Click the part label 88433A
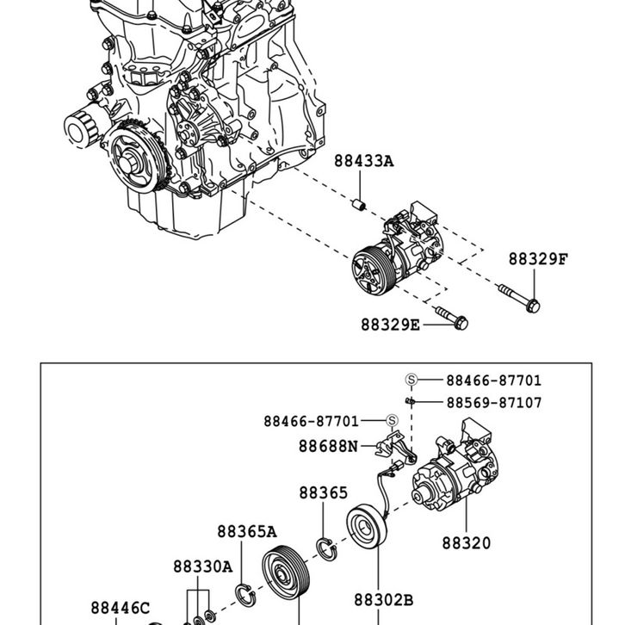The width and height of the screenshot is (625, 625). pos(363,161)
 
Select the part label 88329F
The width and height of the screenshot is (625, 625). pos(538,259)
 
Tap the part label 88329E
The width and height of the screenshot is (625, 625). pos(390,325)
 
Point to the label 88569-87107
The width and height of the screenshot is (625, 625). pos(494,403)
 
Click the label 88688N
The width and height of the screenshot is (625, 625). pos(329,446)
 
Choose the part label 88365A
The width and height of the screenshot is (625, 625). pos(247,531)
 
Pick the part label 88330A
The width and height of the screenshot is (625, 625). pos(202,566)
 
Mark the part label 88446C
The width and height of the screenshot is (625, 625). pos(121,608)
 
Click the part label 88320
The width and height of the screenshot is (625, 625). pos(467,543)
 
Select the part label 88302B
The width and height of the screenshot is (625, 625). pos(383,600)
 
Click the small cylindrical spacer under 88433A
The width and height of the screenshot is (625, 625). pos(359,205)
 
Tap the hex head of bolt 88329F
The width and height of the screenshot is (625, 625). pos(533,306)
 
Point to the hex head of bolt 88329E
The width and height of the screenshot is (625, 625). pos(461,323)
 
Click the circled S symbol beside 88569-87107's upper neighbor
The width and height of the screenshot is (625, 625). pos(412,380)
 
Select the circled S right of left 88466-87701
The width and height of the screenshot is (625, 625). pos(393,420)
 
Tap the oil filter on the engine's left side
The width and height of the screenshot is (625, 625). pos(81,128)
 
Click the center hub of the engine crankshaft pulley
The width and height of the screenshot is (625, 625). pos(128,164)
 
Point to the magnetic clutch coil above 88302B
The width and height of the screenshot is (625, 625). pos(367,527)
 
